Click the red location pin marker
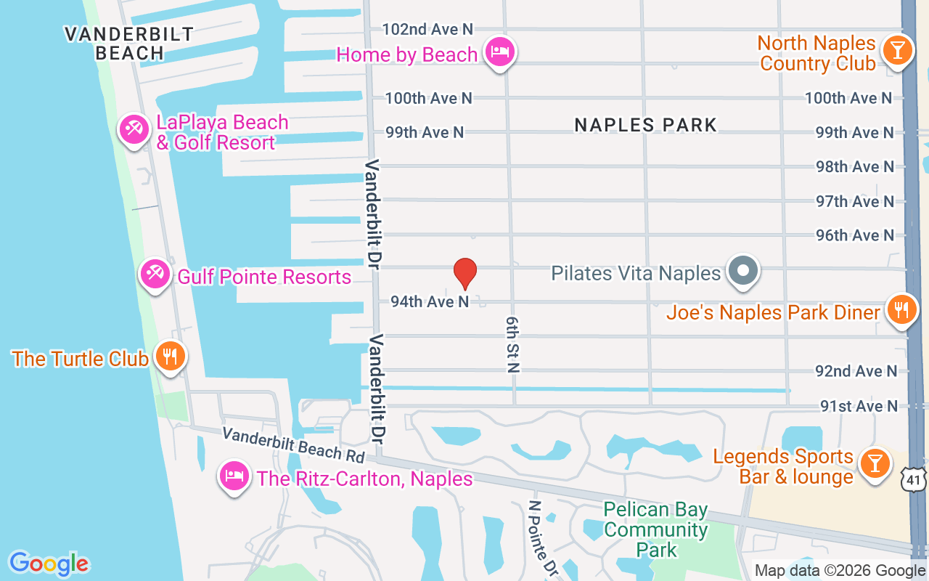(464, 274)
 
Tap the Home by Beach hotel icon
(500, 52)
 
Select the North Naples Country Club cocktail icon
(898, 51)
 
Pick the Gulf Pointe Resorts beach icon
(155, 275)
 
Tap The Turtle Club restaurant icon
(170, 357)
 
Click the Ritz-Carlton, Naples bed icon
(234, 476)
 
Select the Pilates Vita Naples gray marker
(742, 272)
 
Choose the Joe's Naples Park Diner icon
(901, 310)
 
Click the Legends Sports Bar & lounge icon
(875, 463)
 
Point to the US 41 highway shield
(914, 479)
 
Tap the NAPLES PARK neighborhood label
(645, 125)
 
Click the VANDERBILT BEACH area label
(128, 44)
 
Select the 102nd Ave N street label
(427, 29)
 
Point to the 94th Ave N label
(430, 301)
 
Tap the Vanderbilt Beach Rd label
(293, 444)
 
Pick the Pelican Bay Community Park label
(655, 529)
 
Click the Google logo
(49, 564)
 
